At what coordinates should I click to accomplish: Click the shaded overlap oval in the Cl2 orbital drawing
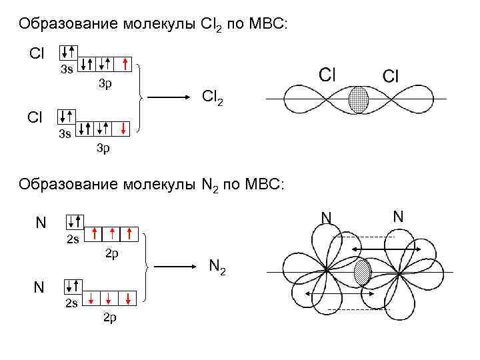[359, 99]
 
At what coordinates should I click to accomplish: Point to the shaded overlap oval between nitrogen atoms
[362, 273]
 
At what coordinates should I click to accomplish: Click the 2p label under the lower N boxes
[111, 316]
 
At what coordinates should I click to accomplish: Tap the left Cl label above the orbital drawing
[327, 74]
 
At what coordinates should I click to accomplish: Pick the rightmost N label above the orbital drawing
[398, 217]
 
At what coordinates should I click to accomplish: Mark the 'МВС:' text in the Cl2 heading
[267, 25]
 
